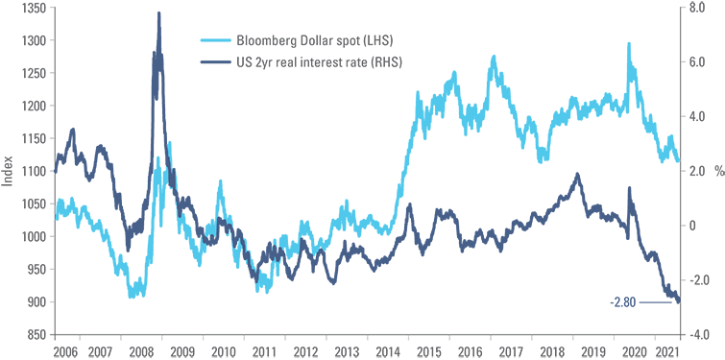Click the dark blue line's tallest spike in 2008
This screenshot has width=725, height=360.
pos(158,13)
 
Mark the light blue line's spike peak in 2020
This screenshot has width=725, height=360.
pos(629,43)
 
